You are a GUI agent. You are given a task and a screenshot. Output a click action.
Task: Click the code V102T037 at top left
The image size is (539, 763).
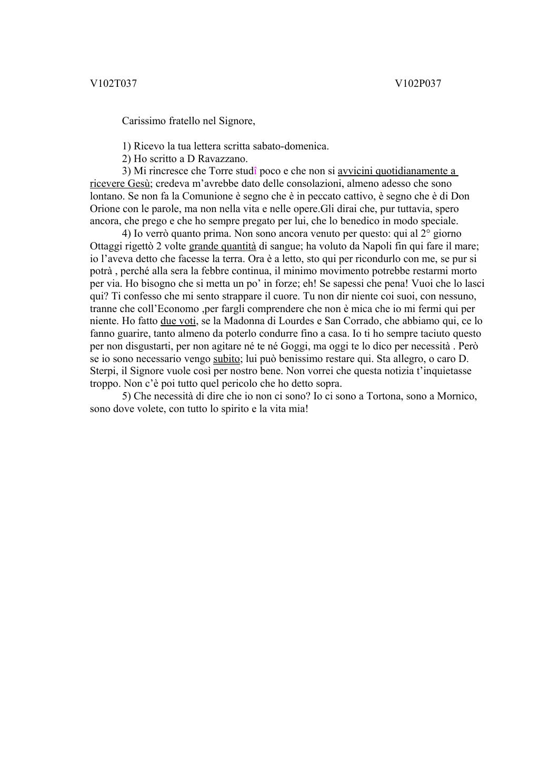coord(113,83)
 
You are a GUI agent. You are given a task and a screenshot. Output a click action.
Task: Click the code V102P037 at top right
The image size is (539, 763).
coord(418,83)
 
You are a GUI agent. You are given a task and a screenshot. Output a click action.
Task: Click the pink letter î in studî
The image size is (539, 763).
coord(255,171)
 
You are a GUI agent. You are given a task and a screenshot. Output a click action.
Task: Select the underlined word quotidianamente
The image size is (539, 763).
coord(410,171)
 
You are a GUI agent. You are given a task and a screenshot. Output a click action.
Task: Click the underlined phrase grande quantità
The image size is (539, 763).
coord(222,246)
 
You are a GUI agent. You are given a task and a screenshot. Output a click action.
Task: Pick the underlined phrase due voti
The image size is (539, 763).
coord(178,321)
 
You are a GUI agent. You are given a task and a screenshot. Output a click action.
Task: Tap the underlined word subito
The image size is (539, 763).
coord(226,359)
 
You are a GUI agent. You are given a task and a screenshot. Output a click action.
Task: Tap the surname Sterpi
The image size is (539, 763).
coord(102,371)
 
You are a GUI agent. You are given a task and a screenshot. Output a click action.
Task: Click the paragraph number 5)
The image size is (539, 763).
coord(126,396)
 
